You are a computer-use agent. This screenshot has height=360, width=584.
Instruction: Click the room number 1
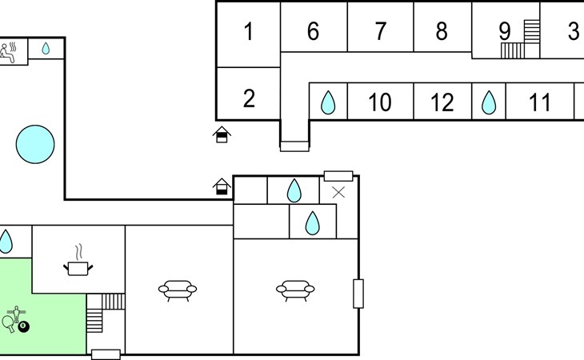[248, 33]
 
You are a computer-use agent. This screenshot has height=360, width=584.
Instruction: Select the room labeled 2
[249, 99]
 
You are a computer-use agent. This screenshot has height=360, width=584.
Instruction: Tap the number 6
[313, 32]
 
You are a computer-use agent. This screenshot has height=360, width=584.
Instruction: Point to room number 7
[380, 32]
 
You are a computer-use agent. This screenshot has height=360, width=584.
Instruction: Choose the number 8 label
[442, 32]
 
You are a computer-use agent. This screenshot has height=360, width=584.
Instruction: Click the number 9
[505, 31]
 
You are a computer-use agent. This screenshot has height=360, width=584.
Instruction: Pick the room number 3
[573, 32]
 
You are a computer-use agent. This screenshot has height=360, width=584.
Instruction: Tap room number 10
[379, 102]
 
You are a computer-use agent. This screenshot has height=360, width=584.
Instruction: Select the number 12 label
[442, 102]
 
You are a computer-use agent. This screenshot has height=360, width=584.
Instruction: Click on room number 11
[540, 102]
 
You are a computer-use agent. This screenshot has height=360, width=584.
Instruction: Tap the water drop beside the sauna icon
[46, 49]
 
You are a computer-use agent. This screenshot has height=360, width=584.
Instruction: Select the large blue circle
[36, 144]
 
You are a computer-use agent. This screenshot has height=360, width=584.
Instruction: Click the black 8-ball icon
[23, 326]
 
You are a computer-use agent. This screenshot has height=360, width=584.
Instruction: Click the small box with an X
[338, 192]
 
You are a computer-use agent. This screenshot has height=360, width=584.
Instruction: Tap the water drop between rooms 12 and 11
[489, 102]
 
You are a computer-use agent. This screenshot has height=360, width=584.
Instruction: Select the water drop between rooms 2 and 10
[328, 102]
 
